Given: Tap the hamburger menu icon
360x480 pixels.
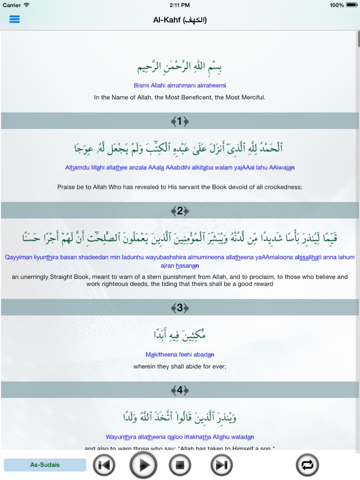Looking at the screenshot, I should pyautogui.click(x=14, y=19).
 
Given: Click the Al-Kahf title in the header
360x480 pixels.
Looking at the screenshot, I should pyautogui.click(x=180, y=20).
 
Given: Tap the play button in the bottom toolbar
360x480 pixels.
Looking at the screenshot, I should pyautogui.click(x=143, y=465).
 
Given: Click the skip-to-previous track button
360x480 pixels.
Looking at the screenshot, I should pyautogui.click(x=104, y=465).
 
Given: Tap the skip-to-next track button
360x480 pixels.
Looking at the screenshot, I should pyautogui.click(x=221, y=465).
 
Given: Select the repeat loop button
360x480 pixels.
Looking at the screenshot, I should pyautogui.click(x=308, y=465).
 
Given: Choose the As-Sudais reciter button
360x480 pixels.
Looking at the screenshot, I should pyautogui.click(x=45, y=465).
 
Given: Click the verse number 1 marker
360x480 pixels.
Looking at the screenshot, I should pyautogui.click(x=180, y=121).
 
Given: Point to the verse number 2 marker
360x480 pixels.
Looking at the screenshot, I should pyautogui.click(x=180, y=211).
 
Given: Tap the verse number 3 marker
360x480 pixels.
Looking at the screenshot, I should pyautogui.click(x=180, y=307).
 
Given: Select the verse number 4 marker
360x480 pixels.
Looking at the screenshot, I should pyautogui.click(x=180, y=390).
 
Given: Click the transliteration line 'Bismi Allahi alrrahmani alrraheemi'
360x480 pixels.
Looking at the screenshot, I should pyautogui.click(x=180, y=85).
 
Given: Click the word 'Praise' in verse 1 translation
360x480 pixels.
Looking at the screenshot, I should pyautogui.click(x=66, y=187).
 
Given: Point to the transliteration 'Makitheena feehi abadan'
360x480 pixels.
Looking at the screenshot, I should pyautogui.click(x=180, y=354).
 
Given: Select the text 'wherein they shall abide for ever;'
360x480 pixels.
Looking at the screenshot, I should pyautogui.click(x=180, y=366).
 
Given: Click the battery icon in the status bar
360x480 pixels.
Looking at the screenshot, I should pyautogui.click(x=352, y=5).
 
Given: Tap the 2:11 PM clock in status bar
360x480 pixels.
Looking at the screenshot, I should pyautogui.click(x=180, y=5).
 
